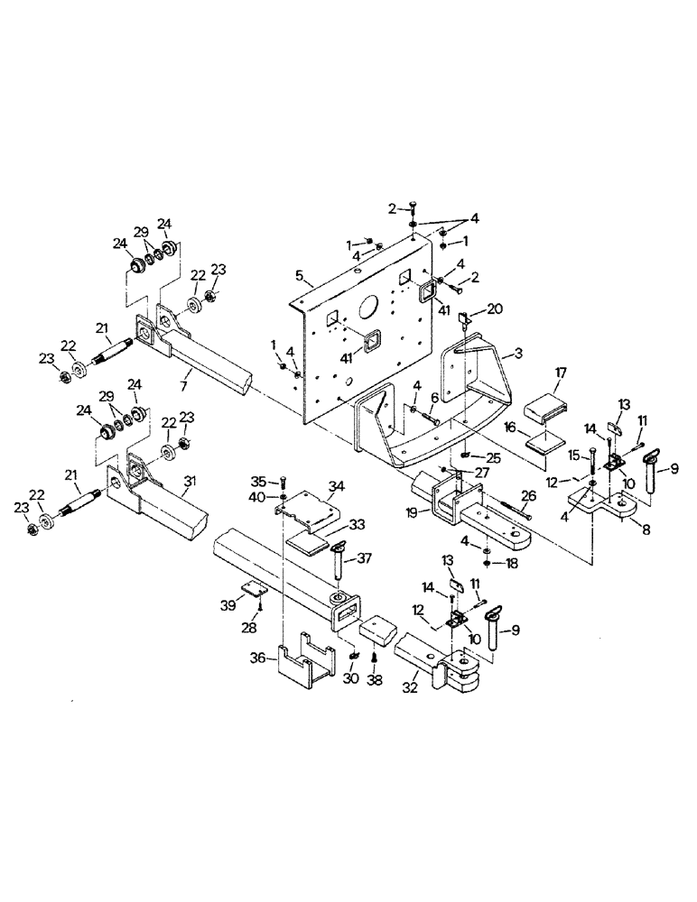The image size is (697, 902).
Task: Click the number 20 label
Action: pyautogui.click(x=495, y=308)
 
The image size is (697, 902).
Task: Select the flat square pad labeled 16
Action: pyautogui.click(x=544, y=441)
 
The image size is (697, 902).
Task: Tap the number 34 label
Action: pyautogui.click(x=336, y=486)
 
